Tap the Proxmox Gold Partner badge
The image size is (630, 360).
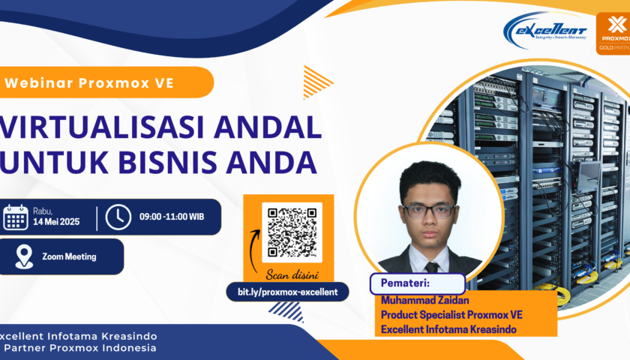click(613, 33)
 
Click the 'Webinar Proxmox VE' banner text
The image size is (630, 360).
click(89, 83)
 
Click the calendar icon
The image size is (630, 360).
click(16, 217)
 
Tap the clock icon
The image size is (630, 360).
click(118, 217)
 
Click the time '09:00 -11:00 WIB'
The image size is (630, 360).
click(171, 217)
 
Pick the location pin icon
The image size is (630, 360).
click(24, 256)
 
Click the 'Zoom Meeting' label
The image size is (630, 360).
click(69, 256)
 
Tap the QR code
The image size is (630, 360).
click(292, 232)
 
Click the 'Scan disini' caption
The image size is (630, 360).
click(292, 274)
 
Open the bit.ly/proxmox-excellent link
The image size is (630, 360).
click(287, 292)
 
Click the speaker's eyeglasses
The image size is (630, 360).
click(428, 210)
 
